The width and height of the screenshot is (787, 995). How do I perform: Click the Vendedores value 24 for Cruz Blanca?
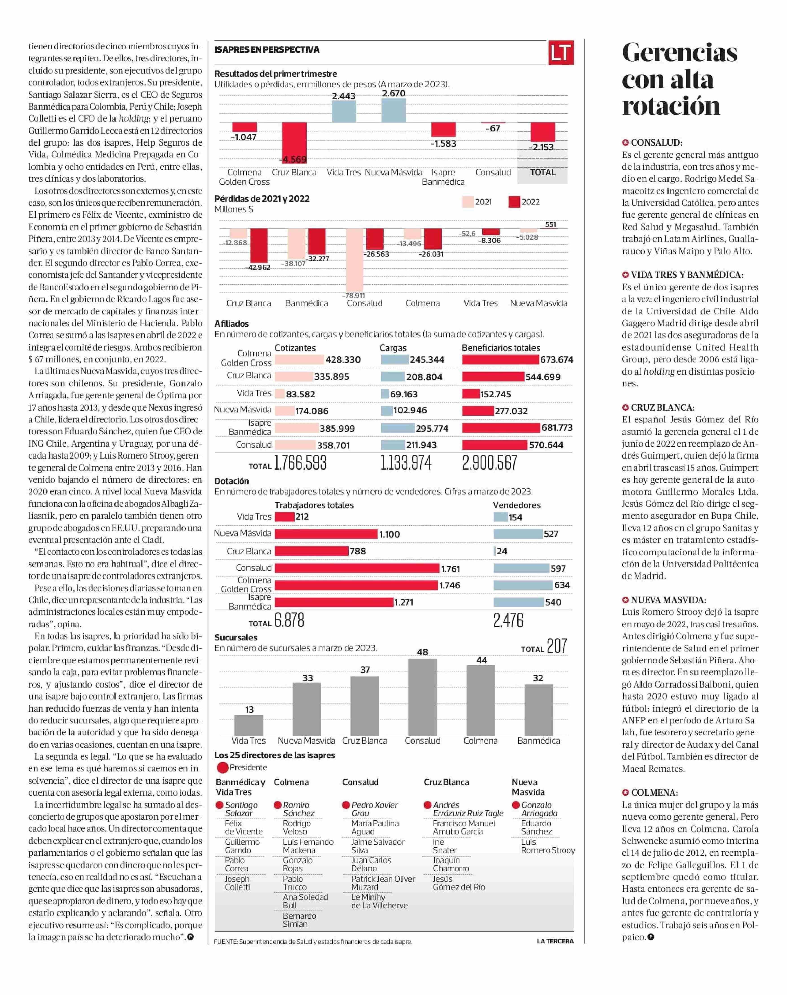coord(502,551)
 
